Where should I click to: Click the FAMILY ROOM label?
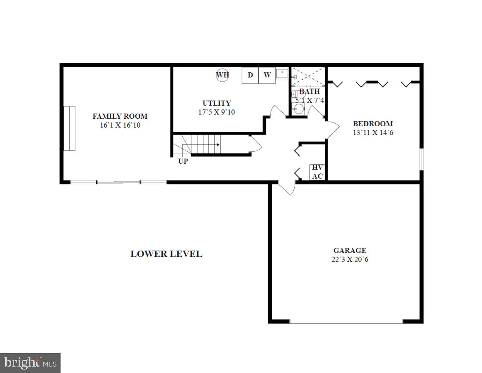pyautogui.click(x=120, y=116)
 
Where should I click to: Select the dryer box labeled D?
pyautogui.click(x=250, y=75)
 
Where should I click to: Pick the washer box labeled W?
pyautogui.click(x=267, y=75)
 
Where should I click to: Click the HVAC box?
pyautogui.click(x=317, y=172)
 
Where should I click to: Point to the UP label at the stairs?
pyautogui.click(x=183, y=161)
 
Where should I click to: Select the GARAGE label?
pyautogui.click(x=349, y=250)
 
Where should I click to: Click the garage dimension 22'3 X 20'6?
pyautogui.click(x=349, y=259)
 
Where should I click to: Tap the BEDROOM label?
pyautogui.click(x=373, y=123)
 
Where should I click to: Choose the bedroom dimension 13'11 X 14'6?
pyautogui.click(x=373, y=132)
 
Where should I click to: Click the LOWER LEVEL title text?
pyautogui.click(x=166, y=254)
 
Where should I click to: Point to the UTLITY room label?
pyautogui.click(x=217, y=103)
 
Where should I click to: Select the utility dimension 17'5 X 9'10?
pyautogui.click(x=217, y=112)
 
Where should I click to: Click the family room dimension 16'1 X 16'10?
pyautogui.click(x=120, y=125)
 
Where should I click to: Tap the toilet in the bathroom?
pyautogui.click(x=295, y=94)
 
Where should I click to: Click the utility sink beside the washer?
pyautogui.click(x=282, y=73)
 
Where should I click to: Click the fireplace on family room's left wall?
pyautogui.click(x=70, y=129)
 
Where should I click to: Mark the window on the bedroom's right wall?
pyautogui.click(x=422, y=160)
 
